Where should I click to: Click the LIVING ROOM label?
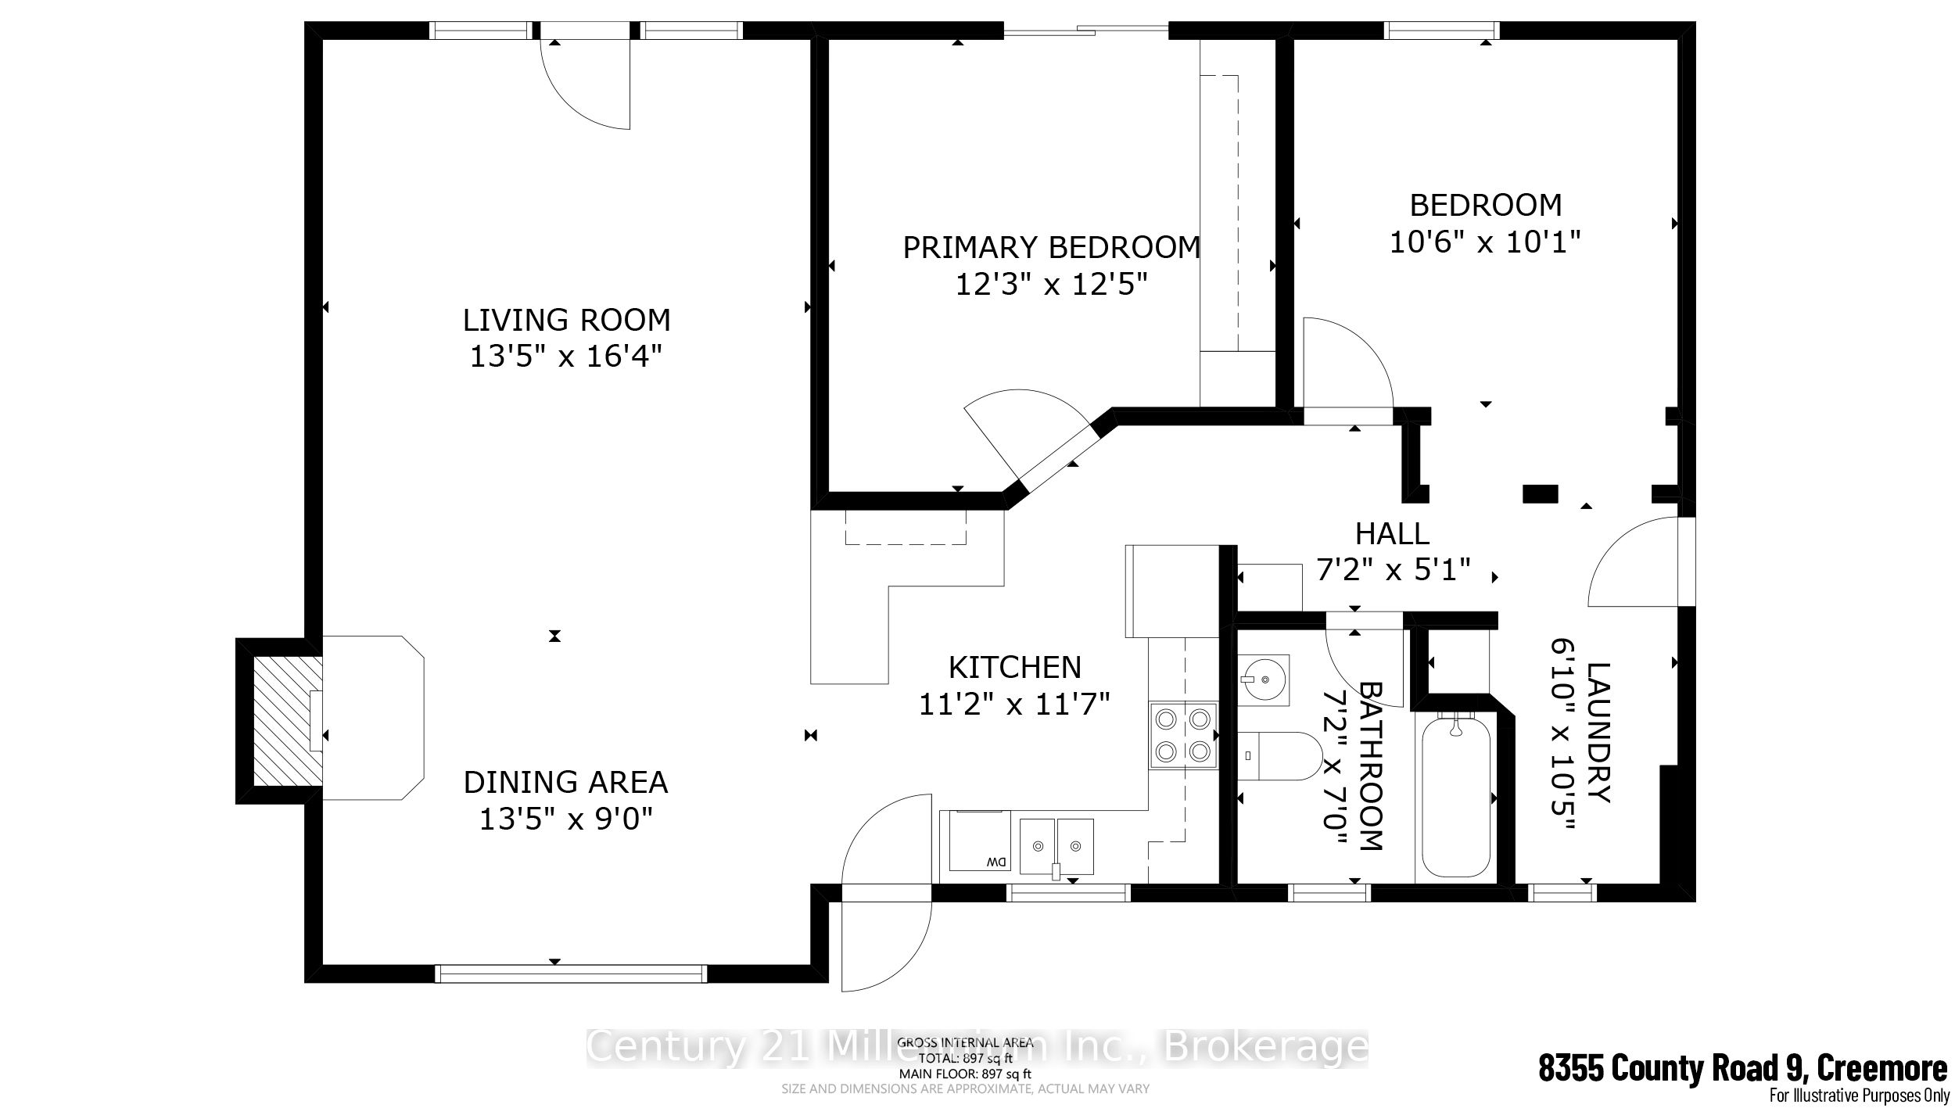[x=566, y=320]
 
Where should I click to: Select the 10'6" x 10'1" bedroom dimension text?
[x=1485, y=242]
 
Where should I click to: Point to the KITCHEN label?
[x=1014, y=667]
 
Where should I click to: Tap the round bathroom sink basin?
[x=1263, y=680]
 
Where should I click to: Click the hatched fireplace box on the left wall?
[x=287, y=720]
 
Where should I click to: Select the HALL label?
[x=1392, y=534]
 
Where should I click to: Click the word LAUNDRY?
[x=1598, y=733]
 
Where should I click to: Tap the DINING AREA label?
[x=565, y=782]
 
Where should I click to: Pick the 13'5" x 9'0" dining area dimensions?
[x=565, y=819]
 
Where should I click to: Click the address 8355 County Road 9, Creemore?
[x=1742, y=1068]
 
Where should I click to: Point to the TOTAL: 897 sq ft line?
[x=965, y=1058]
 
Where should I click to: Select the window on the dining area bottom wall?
[x=570, y=973]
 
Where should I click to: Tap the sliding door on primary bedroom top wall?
[x=1085, y=31]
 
